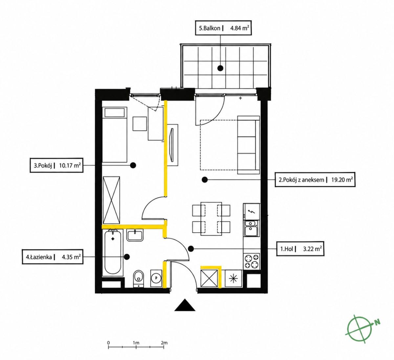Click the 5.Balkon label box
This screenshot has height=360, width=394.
pyautogui.click(x=223, y=28)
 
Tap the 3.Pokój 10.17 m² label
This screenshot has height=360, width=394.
pyautogui.click(x=56, y=165)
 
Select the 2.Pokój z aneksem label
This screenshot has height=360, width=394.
pyautogui.click(x=315, y=180)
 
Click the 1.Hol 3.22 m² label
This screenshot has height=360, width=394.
pyautogui.click(x=300, y=249)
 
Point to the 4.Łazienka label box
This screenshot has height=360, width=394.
pyautogui.click(x=53, y=257)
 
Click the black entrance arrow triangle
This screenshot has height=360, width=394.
pyautogui.click(x=185, y=305)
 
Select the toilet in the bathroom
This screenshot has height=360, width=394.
pyautogui.click(x=139, y=279)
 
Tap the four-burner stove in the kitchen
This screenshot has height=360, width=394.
pyautogui.click(x=252, y=262)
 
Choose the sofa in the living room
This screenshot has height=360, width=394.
pyautogui.click(x=249, y=145)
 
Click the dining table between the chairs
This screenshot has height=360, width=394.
pyautogui.click(x=211, y=219)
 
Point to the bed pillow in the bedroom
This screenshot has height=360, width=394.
pyautogui.click(x=115, y=113)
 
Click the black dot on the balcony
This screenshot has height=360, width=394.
pyautogui.click(x=220, y=68)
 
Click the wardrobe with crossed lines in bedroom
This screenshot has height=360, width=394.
pyautogui.click(x=111, y=200)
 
